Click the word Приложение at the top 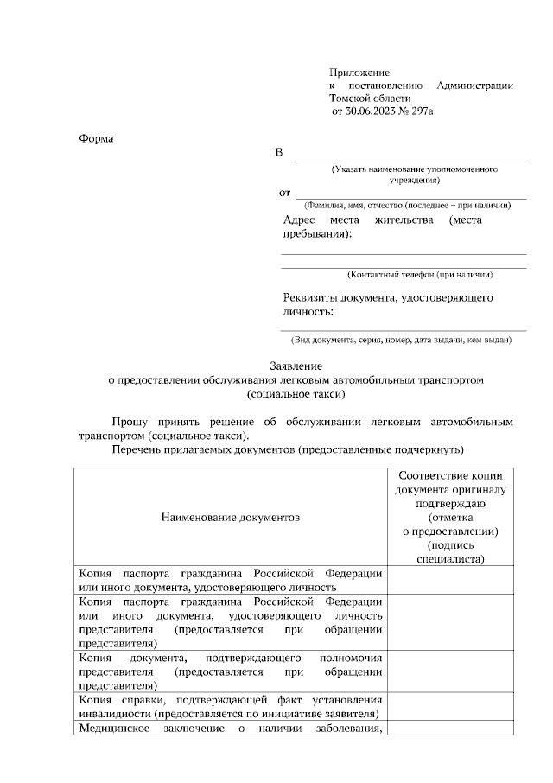[x=360, y=73]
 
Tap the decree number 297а [x=423, y=112]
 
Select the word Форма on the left [x=95, y=138]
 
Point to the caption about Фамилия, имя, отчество [x=407, y=206]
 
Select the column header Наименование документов [x=230, y=518]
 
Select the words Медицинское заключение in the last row [x=146, y=729]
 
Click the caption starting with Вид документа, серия [x=402, y=340]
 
